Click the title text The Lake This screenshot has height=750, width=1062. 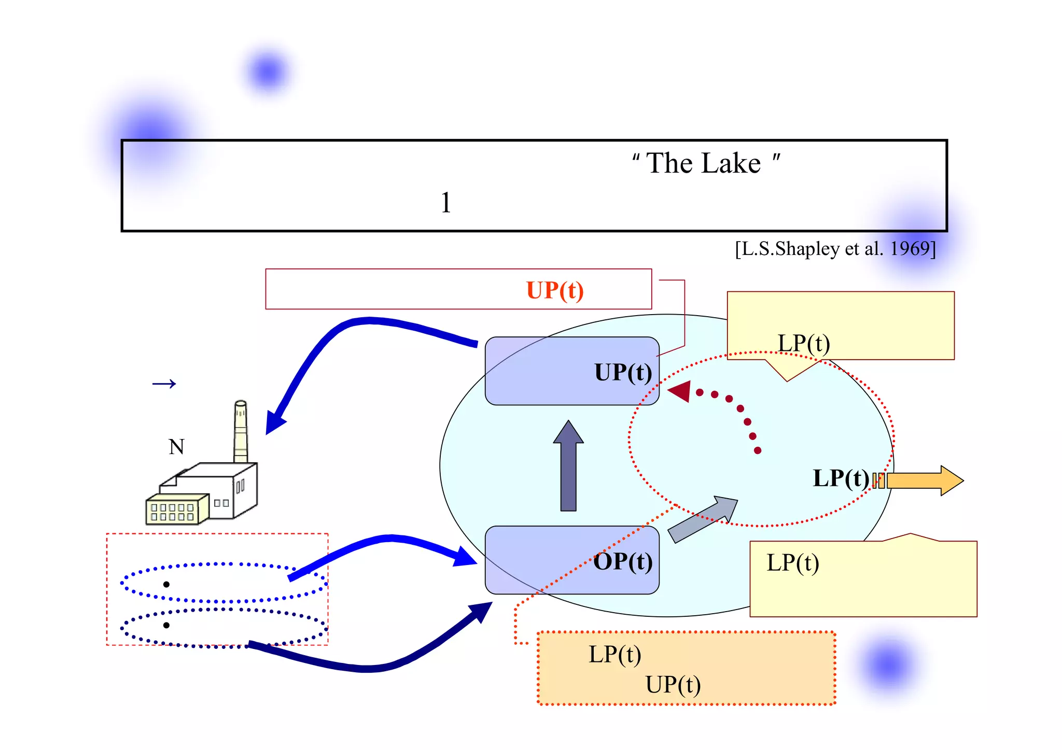[704, 164]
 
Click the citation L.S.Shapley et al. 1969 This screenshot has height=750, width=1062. [835, 249]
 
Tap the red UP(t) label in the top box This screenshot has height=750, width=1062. [554, 290]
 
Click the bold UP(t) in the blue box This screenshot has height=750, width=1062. [623, 372]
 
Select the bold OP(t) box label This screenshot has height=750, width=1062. [623, 561]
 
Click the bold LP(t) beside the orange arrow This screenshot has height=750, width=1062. [841, 478]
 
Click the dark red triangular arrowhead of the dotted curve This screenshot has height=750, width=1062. [680, 391]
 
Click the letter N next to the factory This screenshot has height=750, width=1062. [176, 447]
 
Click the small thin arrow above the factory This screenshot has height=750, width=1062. [164, 384]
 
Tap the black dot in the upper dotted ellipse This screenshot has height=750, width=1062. [166, 584]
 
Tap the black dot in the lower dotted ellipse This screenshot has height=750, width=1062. [166, 625]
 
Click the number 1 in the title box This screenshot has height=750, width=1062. [445, 203]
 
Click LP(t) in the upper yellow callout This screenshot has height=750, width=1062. [804, 343]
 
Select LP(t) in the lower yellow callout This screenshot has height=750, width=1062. [793, 562]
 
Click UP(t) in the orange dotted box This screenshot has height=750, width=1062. [673, 685]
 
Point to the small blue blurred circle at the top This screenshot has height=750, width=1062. [268, 72]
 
